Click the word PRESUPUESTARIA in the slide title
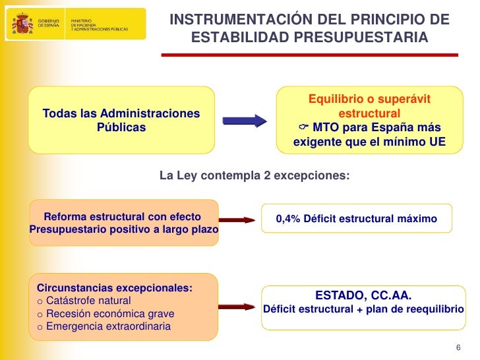375,39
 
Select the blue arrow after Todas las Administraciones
244,121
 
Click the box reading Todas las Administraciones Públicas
121,120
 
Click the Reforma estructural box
123,223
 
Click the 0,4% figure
287,218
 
